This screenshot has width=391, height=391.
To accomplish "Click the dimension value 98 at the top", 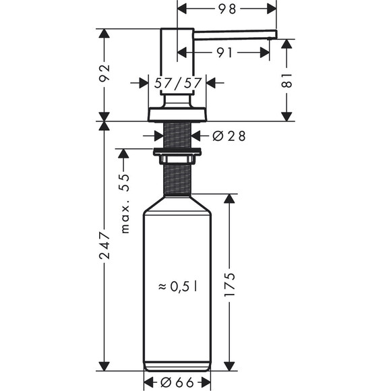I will (x=227, y=9).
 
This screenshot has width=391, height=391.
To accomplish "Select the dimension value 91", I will (x=226, y=52).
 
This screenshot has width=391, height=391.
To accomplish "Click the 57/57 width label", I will (x=178, y=83).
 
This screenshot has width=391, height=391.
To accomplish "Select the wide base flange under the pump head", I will (x=177, y=114).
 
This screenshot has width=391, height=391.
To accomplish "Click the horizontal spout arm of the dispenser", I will (x=236, y=33).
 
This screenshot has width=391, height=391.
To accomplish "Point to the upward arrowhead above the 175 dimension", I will (x=229, y=199).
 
